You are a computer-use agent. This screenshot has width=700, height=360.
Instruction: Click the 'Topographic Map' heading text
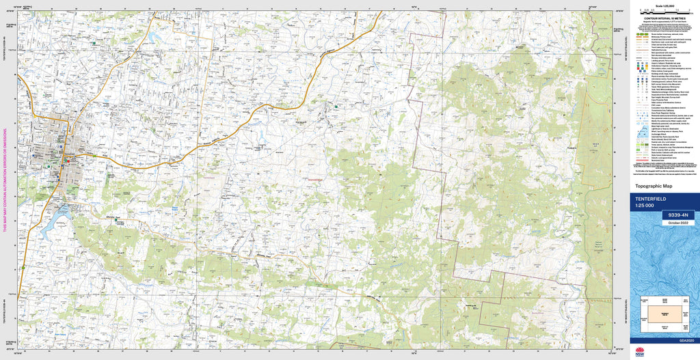pyautogui.click(x=654, y=186)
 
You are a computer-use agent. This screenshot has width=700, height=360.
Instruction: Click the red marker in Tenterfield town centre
pyautogui.click(x=66, y=160)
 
